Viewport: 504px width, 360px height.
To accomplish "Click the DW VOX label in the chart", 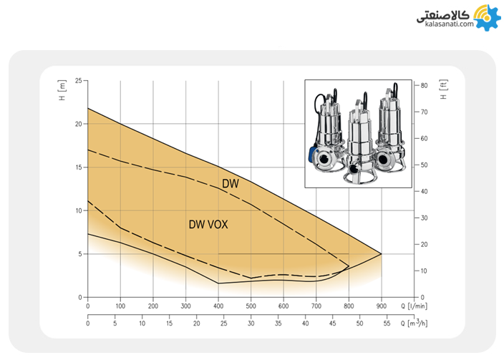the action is click(208, 224).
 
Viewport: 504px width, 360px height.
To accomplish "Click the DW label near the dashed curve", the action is click(231, 183).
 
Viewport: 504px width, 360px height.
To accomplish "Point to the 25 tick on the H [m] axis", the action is click(79, 80).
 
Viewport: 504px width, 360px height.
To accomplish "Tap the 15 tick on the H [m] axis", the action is click(79, 167).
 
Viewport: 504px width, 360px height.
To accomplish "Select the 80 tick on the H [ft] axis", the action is click(424, 85).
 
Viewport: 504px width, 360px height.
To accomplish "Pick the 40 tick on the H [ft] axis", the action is click(424, 192).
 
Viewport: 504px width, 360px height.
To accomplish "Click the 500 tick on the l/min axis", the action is click(251, 306).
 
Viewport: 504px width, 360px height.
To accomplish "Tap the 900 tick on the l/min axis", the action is click(381, 306).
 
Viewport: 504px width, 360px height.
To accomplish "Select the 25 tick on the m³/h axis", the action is click(223, 323).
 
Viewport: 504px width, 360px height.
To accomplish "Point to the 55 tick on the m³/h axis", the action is click(387, 323).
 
